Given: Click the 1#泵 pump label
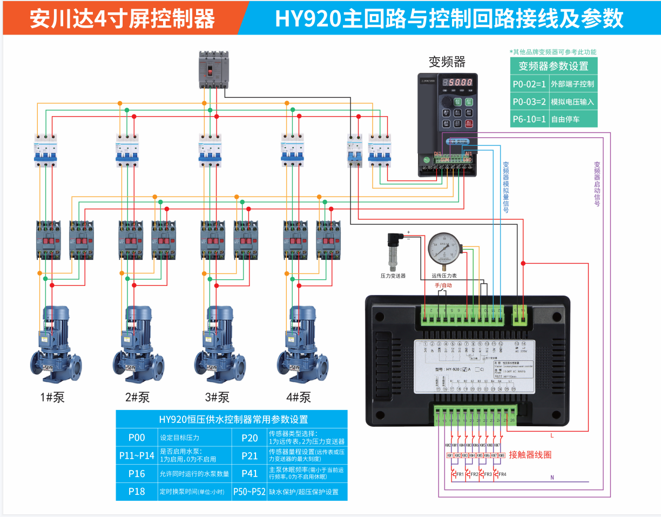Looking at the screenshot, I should click(x=52, y=398).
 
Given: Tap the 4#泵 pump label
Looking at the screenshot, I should click(x=299, y=398).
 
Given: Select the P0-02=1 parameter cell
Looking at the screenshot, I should click(x=529, y=84).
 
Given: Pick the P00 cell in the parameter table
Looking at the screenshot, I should click(x=136, y=438).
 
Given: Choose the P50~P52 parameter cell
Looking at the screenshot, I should click(x=249, y=492).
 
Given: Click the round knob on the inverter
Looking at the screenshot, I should click(x=446, y=102).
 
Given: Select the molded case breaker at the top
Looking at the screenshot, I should click(x=214, y=69).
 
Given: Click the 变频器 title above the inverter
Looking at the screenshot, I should click(x=447, y=61).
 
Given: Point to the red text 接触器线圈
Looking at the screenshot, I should click(x=530, y=455).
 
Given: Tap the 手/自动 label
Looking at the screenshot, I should click(x=443, y=285).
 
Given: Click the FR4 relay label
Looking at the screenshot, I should click(x=502, y=474).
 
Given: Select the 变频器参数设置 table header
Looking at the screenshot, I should click(x=554, y=66).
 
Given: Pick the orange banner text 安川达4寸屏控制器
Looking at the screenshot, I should click(x=122, y=19).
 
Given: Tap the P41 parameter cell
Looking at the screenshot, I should click(x=249, y=474).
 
